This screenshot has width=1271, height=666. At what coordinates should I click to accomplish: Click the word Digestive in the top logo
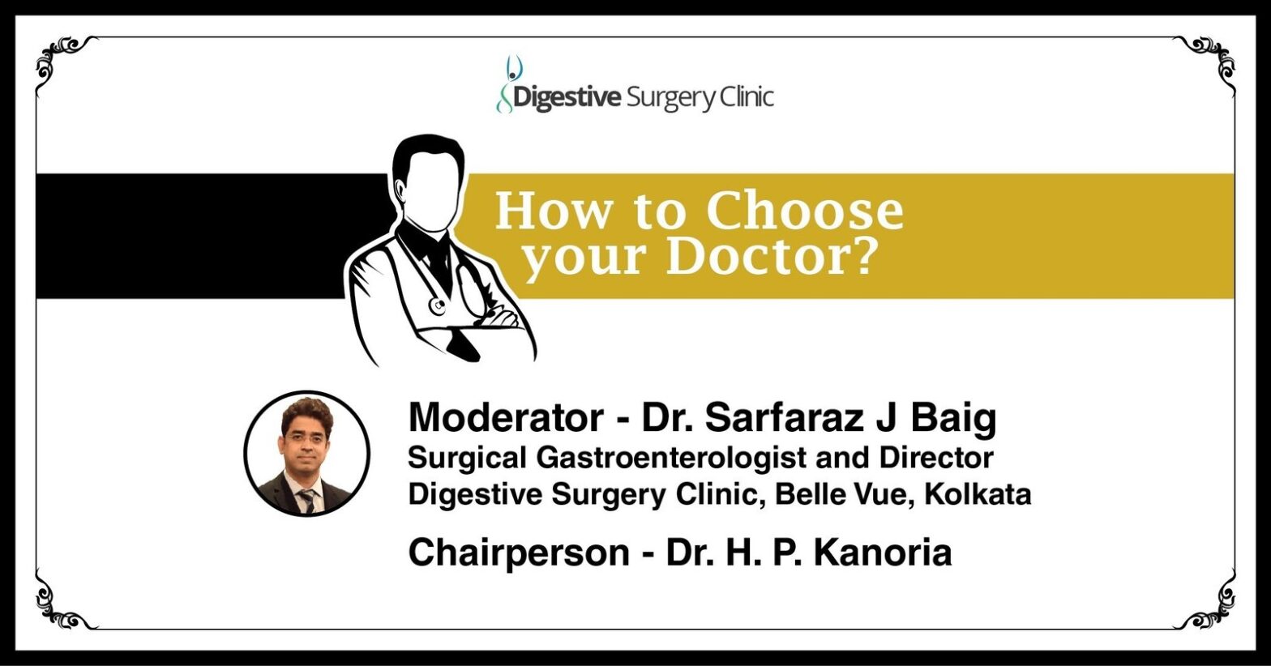[x=567, y=97]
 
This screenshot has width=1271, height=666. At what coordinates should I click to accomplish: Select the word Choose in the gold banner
[x=805, y=211]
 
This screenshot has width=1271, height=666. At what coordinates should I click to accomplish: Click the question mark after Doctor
[x=862, y=258]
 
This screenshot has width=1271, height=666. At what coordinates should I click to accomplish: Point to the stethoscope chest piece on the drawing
[x=437, y=305]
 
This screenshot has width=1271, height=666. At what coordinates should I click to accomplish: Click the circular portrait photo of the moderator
[x=307, y=453]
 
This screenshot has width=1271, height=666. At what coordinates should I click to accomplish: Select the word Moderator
[x=506, y=418]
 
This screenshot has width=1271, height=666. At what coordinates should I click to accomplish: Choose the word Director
[x=936, y=457]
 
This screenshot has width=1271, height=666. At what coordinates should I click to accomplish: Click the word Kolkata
[x=978, y=494]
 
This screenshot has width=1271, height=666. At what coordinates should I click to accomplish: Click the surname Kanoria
[x=883, y=553]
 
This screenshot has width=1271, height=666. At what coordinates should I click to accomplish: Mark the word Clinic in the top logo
[x=746, y=97]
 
